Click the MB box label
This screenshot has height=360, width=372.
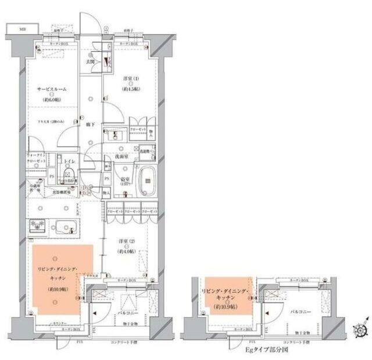tap(22, 28)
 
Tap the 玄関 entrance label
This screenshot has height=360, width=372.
tap(92, 60)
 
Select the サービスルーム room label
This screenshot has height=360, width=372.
tap(51, 90)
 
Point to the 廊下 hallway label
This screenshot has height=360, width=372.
tap(91, 124)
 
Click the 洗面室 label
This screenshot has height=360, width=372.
tap(121, 156)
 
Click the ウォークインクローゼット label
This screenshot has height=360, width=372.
tap(37, 160)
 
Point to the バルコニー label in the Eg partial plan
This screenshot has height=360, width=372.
tap(304, 312)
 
